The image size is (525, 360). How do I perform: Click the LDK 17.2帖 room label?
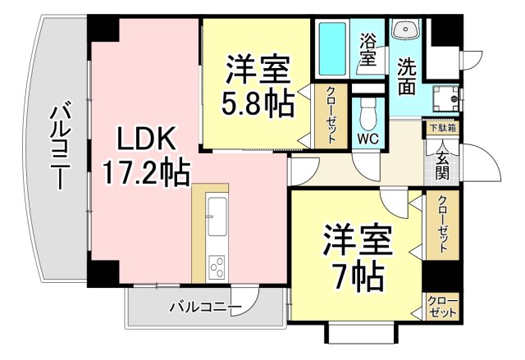click(145, 156)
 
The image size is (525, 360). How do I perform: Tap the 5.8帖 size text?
click(257, 104)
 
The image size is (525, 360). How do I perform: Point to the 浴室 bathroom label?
click(368, 48)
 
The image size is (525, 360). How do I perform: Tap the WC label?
click(367, 138)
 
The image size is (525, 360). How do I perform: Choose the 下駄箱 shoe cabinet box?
click(441, 128)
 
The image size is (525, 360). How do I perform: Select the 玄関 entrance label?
click(442, 160)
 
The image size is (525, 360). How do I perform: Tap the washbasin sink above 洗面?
click(405, 30)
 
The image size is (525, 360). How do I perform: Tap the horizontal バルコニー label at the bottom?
click(205, 308)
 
